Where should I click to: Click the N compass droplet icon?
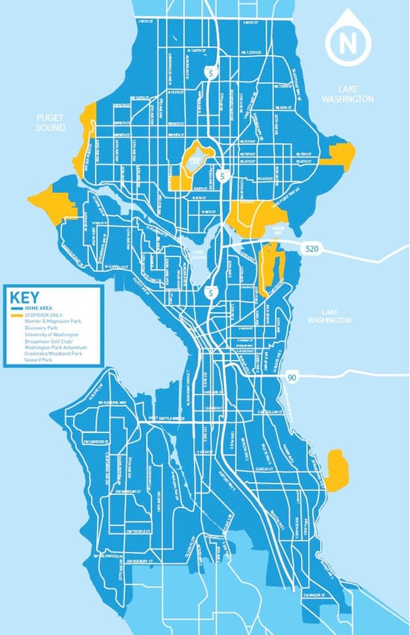[347, 42]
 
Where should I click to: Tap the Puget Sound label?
[51, 122]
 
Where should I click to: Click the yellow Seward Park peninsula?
[337, 470]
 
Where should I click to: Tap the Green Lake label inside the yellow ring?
[195, 160]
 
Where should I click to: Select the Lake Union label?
[197, 253]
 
